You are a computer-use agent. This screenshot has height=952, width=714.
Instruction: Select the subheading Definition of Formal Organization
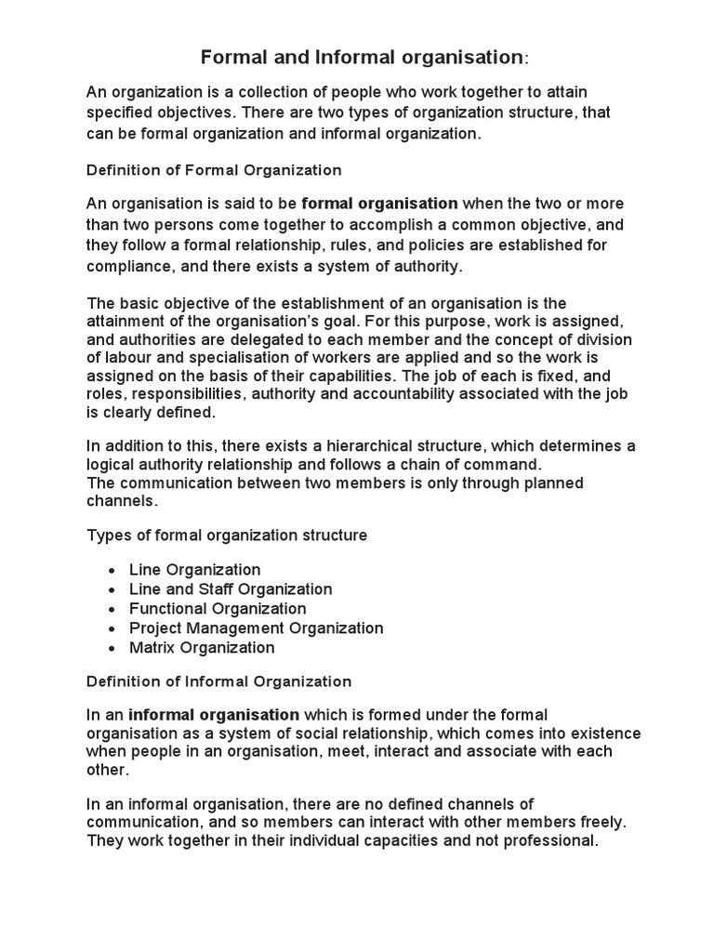[214, 170]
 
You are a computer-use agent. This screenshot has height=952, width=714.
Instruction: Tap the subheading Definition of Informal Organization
[218, 681]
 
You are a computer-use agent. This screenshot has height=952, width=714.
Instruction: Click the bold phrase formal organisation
[380, 204]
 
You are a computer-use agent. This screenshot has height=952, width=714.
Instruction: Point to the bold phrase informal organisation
[214, 714]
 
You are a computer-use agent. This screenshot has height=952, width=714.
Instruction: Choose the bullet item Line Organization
[195, 569]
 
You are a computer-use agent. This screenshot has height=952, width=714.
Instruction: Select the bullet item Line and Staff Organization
[231, 588]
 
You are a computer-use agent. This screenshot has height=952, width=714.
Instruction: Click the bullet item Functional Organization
[218, 608]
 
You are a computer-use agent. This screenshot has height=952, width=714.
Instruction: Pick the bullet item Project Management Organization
[257, 628]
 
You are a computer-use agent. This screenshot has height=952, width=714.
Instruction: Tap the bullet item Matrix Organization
[202, 647]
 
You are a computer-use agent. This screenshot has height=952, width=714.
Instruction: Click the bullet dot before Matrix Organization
[112, 648]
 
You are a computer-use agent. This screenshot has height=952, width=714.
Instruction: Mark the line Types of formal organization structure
[227, 535]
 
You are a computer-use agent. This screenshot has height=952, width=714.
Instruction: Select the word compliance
[127, 266]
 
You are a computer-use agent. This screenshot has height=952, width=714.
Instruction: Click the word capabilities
[340, 376]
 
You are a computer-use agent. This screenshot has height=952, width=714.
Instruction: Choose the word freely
[594, 823]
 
